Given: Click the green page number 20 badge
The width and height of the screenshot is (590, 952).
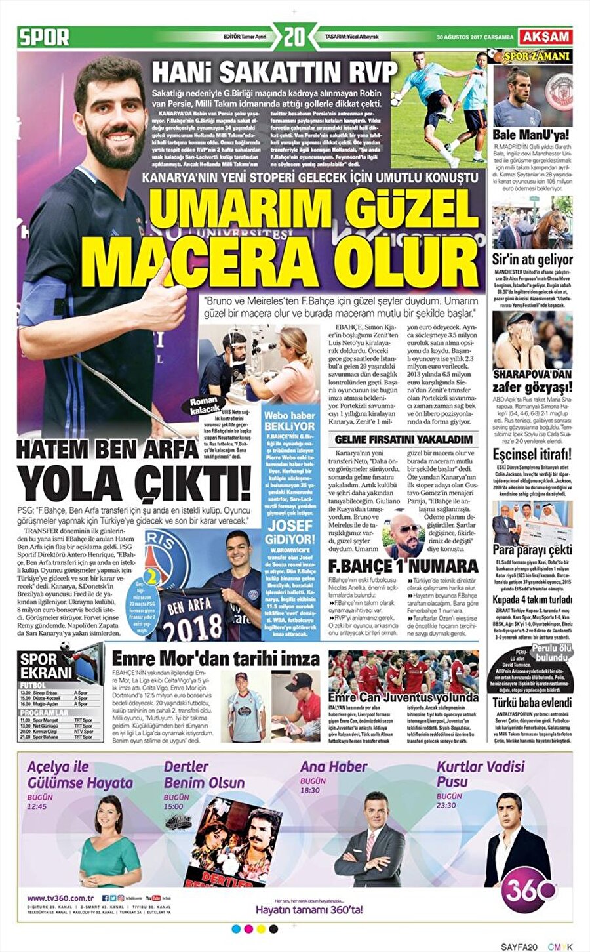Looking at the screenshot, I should [x=294, y=37].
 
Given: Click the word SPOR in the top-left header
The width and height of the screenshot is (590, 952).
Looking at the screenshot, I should [x=44, y=37].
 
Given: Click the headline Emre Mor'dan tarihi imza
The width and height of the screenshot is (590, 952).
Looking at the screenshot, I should [x=216, y=659].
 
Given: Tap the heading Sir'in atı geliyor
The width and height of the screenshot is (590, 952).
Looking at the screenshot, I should [x=532, y=260].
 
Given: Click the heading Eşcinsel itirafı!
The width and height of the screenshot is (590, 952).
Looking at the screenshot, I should [x=532, y=455].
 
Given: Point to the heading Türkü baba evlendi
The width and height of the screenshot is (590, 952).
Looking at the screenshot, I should [x=532, y=703].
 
